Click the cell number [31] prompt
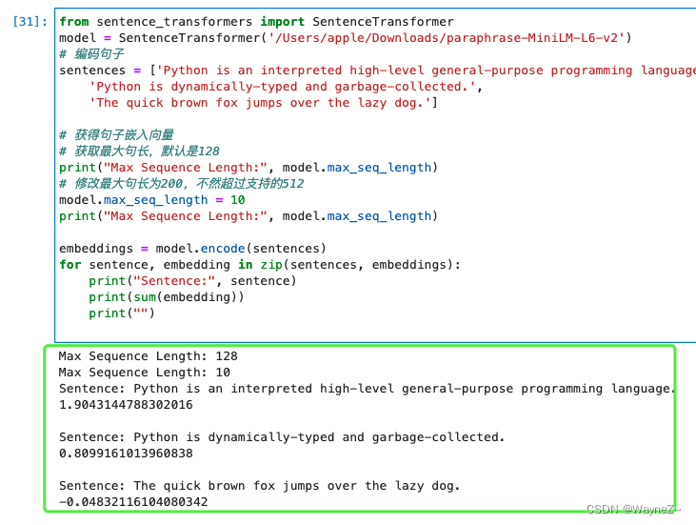click(27, 21)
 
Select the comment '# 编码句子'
click(91, 54)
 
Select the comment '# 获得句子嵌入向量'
click(116, 135)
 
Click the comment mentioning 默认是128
click(139, 151)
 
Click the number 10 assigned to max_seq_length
click(238, 200)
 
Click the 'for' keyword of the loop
click(70, 265)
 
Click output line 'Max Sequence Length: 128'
click(149, 356)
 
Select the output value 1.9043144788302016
click(126, 405)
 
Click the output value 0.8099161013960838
click(126, 454)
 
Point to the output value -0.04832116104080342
click(133, 502)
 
